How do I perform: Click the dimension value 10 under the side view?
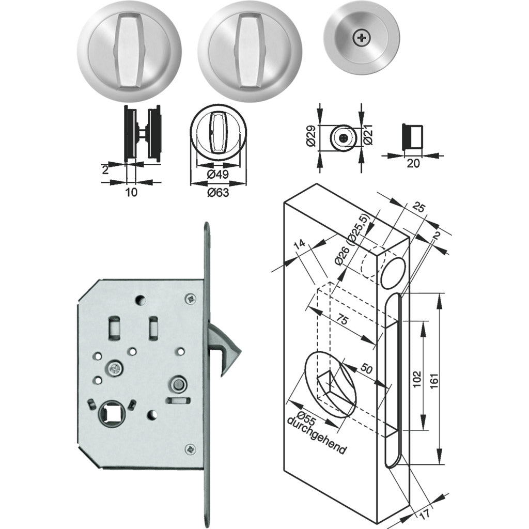click(x=131, y=192)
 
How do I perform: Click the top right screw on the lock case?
click(x=191, y=298)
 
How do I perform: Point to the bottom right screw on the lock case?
click(x=191, y=449)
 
